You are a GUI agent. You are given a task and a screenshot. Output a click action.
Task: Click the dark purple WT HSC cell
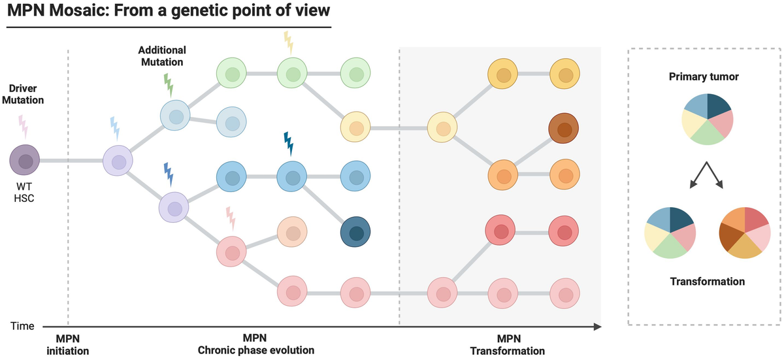(x=25, y=160)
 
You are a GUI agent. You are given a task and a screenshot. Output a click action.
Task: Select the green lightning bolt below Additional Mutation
(x=169, y=84)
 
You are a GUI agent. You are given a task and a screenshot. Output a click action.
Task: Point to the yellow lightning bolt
(x=288, y=42)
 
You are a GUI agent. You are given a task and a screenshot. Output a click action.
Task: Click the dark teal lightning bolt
(x=287, y=143)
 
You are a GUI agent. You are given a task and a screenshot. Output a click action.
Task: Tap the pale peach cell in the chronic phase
(x=292, y=233)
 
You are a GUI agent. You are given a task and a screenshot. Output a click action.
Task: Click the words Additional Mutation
(x=162, y=56)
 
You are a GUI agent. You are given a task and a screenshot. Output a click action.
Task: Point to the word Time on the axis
(x=22, y=325)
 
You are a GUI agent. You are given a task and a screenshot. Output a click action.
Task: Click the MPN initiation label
(x=67, y=344)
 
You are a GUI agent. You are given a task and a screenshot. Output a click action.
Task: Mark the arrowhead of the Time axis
(x=597, y=325)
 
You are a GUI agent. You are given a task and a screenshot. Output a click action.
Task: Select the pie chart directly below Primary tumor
(x=708, y=119)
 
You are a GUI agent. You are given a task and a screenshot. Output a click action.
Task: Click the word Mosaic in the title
(x=74, y=12)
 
